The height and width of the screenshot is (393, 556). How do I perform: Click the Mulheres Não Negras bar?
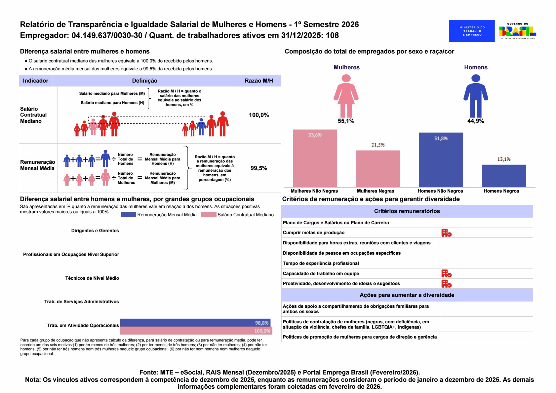[315, 158]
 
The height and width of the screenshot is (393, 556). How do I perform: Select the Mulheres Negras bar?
[378, 169]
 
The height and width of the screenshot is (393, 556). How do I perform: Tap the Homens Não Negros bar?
[441, 160]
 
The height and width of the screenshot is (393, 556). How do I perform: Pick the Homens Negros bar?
[504, 176]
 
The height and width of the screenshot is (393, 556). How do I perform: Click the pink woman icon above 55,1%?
[346, 96]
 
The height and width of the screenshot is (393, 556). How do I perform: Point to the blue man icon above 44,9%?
[476, 96]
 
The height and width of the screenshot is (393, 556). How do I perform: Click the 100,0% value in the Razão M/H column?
[259, 115]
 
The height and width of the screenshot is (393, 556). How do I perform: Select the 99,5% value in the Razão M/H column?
[259, 168]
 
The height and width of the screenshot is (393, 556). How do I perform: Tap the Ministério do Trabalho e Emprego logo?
[472, 31]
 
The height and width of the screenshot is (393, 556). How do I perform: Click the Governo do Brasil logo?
[517, 31]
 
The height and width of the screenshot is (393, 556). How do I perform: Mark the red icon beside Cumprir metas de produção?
[446, 233]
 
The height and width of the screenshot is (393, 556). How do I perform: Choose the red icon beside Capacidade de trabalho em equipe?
[446, 273]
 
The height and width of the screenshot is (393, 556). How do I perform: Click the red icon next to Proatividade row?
[446, 284]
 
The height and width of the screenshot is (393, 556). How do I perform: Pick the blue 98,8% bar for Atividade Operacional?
[195, 323]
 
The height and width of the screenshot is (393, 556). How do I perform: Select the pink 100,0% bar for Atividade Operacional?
[196, 331]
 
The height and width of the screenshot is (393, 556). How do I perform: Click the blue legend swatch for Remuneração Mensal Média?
[128, 215]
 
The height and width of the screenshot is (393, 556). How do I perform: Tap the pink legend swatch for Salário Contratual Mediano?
[209, 215]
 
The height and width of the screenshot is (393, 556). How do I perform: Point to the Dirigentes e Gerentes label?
[95, 231]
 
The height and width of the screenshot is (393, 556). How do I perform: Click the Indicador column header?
[35, 81]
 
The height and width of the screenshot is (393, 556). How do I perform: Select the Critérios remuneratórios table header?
[407, 211]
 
